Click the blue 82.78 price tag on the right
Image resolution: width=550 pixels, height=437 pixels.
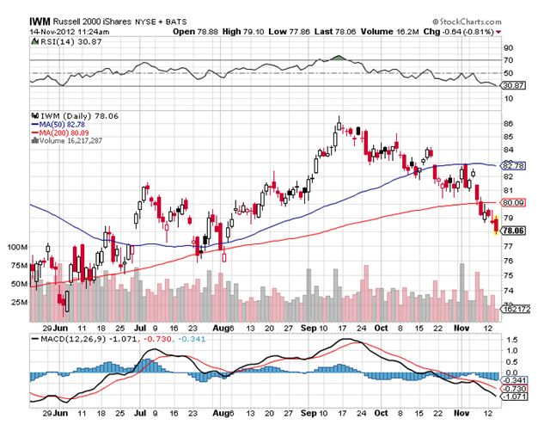[x=513, y=165]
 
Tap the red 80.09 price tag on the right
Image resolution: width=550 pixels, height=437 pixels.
[x=513, y=202]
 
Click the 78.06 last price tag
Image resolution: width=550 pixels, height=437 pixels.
[x=513, y=231]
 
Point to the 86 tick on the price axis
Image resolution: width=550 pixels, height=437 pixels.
[x=508, y=124]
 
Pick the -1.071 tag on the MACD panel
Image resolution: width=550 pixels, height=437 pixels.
[x=513, y=398]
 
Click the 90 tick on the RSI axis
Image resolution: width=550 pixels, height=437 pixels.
[x=508, y=48]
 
